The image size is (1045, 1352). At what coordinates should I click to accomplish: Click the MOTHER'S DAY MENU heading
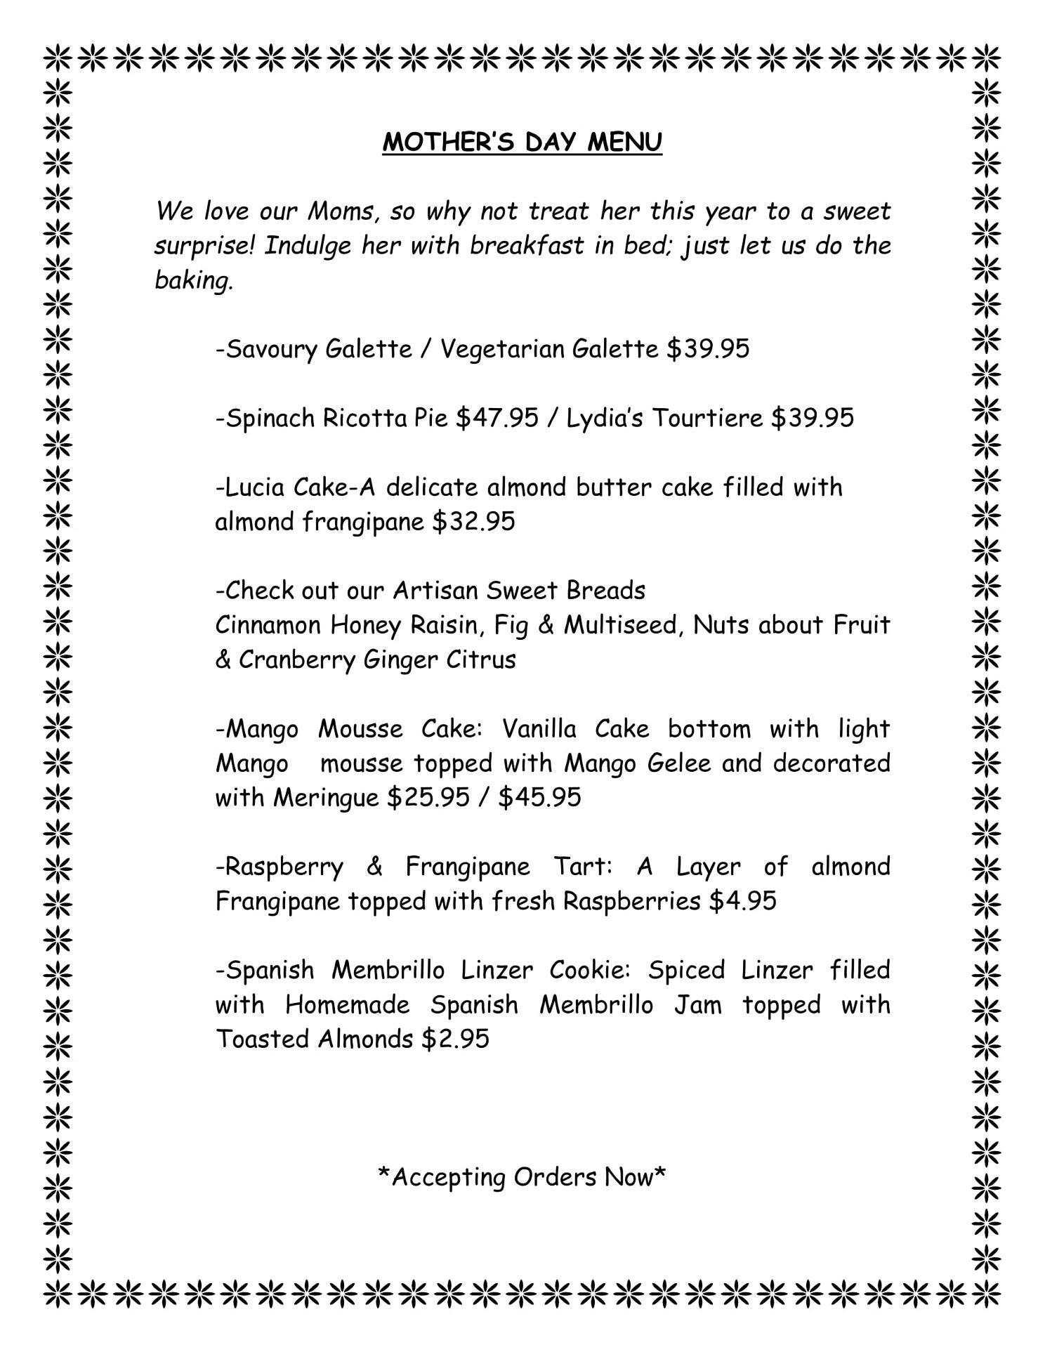click(522, 142)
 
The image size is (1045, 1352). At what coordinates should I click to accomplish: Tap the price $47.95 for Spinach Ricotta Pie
click(497, 418)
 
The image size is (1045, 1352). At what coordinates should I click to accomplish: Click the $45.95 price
click(539, 797)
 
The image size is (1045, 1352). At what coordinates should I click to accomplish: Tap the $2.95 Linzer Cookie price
click(455, 1038)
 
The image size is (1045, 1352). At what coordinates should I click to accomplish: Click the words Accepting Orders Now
click(522, 1177)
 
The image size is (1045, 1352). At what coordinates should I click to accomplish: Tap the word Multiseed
click(620, 625)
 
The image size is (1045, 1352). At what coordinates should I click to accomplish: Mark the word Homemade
click(347, 1004)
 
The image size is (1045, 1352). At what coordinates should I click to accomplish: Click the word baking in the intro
click(192, 280)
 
